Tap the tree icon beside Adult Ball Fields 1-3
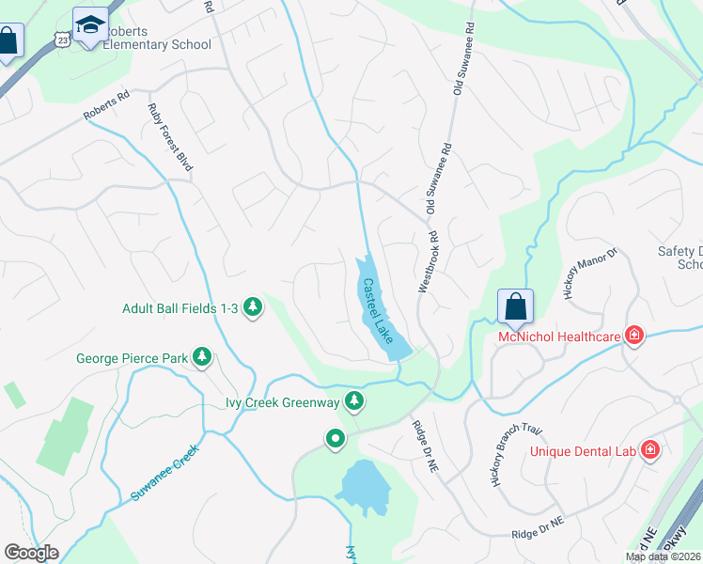252,307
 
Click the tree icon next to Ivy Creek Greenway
353,402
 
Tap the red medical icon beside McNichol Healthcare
635,336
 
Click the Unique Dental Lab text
583,451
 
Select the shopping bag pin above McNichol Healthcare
515,306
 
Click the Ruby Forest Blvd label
170,136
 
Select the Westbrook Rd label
429,263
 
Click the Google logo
31,553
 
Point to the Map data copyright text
663,556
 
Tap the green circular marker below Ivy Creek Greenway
335,439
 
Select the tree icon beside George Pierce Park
201,357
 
